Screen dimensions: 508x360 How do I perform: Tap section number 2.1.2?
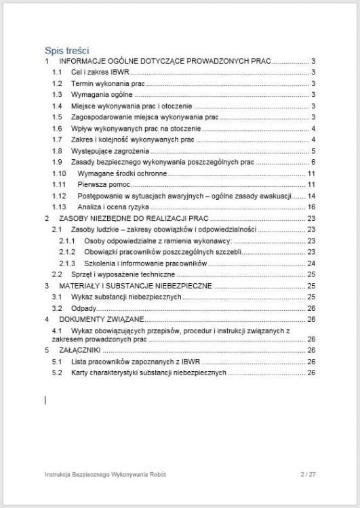[x=66, y=251]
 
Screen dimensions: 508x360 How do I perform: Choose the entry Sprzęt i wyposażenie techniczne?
[x=123, y=274]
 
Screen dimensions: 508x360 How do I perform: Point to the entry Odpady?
[x=83, y=308]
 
